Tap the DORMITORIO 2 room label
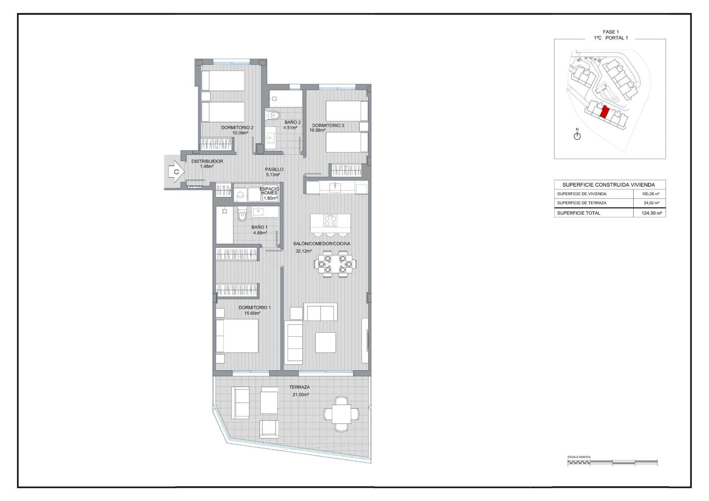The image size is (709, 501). (x=237, y=128)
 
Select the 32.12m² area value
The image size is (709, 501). (x=304, y=251)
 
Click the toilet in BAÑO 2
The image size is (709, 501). (x=273, y=116)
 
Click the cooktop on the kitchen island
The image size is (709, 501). (x=330, y=221)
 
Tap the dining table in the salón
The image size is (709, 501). (x=335, y=264)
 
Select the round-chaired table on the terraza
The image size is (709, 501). (x=341, y=414)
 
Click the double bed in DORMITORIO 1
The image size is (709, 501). (x=237, y=336)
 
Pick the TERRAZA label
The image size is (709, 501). (x=299, y=387)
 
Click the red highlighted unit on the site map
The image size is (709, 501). (x=604, y=112)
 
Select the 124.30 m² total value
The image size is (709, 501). (x=652, y=213)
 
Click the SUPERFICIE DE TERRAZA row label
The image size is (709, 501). (x=582, y=203)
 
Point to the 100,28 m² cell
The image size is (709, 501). (x=651, y=194)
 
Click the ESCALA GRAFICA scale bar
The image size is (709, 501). (x=613, y=462)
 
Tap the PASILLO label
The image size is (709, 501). (x=274, y=169)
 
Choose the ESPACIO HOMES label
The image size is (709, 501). (x=269, y=191)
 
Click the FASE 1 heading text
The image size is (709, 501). (x=611, y=32)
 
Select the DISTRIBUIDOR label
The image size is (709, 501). (x=207, y=161)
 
